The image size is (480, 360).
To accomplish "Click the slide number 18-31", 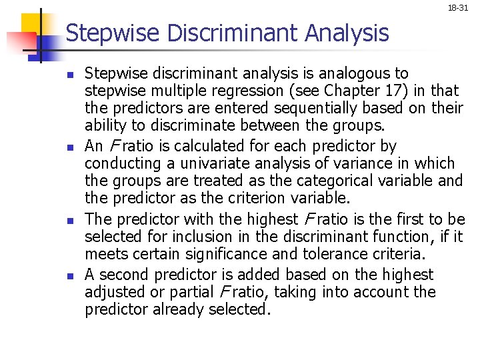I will click(x=457, y=8).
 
